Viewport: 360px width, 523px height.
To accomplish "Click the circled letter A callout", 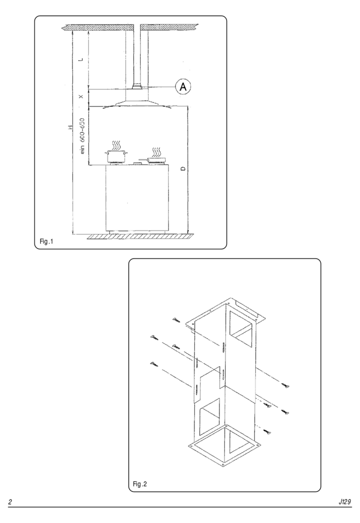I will [x=183, y=87].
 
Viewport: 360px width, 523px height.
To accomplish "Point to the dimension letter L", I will [x=81, y=59].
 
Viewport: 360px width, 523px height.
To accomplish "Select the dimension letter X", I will [x=81, y=96].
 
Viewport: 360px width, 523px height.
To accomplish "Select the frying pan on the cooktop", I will [x=155, y=159].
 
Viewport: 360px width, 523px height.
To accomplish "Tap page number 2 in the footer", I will [x=10, y=502].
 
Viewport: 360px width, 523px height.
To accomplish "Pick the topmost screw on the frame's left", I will [x=176, y=320].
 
